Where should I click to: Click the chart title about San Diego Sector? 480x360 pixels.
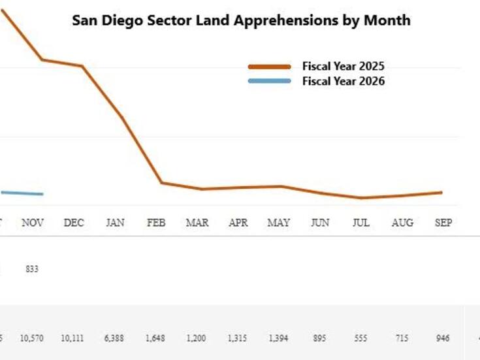241,20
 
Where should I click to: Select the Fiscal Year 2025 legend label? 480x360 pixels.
343,66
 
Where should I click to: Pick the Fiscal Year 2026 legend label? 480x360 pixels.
343,81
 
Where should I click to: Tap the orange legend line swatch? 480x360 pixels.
269,67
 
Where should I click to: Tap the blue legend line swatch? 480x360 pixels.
269,81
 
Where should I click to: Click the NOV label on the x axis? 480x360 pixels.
33,223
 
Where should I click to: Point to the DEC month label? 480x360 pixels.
74,223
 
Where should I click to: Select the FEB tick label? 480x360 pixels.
156,223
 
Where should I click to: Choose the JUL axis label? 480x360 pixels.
360,223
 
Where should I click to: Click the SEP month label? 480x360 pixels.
443,223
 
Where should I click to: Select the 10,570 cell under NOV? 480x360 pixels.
33,338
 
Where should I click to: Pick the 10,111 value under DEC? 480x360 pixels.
74,338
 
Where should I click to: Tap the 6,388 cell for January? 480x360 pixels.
115,338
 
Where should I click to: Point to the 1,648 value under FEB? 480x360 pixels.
156,338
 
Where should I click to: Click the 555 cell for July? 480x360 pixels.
360,338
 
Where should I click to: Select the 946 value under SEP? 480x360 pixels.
443,338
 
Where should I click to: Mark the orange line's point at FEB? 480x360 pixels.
161,183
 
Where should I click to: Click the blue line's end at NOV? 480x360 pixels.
42,194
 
